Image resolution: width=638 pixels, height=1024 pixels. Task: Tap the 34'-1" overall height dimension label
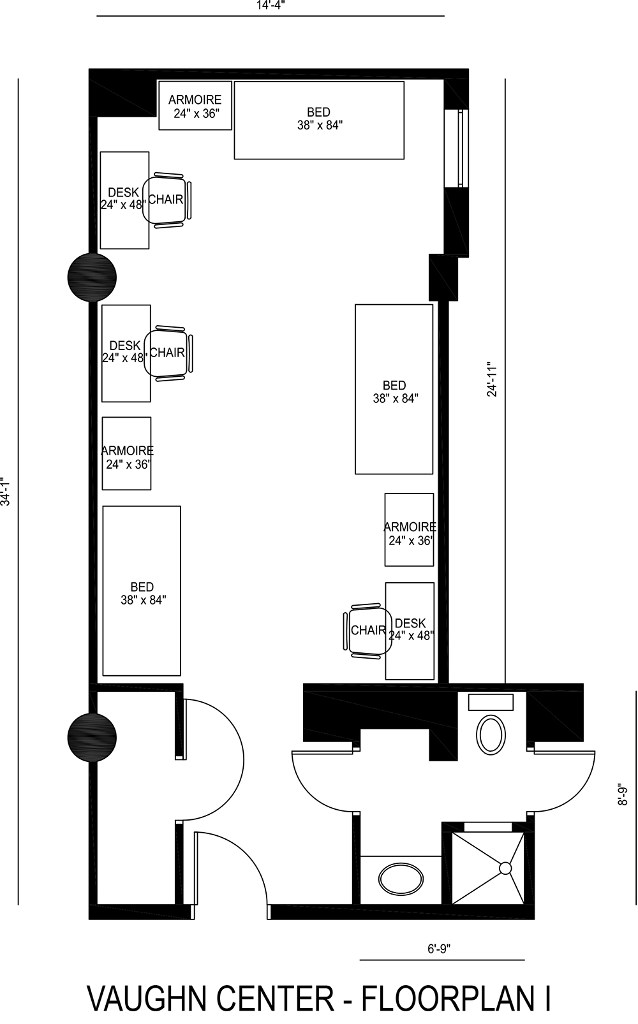click(x=6, y=491)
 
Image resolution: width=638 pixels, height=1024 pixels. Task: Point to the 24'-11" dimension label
click(x=493, y=379)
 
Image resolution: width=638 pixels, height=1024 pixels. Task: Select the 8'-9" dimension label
click(x=623, y=794)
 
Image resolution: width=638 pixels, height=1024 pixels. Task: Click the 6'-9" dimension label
click(x=439, y=948)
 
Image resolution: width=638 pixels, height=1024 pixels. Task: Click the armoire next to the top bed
click(x=195, y=106)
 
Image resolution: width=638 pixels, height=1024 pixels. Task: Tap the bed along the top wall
click(x=319, y=120)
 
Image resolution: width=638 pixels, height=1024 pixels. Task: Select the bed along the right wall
click(x=394, y=390)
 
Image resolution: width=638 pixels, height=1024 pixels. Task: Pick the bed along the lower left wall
click(x=142, y=590)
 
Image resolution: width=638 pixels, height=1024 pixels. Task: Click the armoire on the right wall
click(x=409, y=530)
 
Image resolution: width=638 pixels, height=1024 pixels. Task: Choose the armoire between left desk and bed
click(x=126, y=453)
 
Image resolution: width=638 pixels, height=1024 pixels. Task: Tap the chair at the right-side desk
click(x=368, y=630)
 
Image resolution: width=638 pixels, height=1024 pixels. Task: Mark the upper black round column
click(x=92, y=277)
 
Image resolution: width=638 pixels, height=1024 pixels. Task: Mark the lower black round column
click(x=92, y=737)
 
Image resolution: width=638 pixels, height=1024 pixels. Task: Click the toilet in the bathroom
click(x=491, y=733)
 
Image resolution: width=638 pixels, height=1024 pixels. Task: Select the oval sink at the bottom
click(x=400, y=879)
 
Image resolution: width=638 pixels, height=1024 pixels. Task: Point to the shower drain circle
click(x=505, y=868)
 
